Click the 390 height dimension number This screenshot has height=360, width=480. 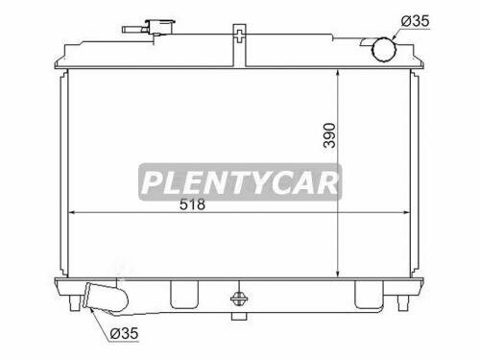click(x=357, y=137)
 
